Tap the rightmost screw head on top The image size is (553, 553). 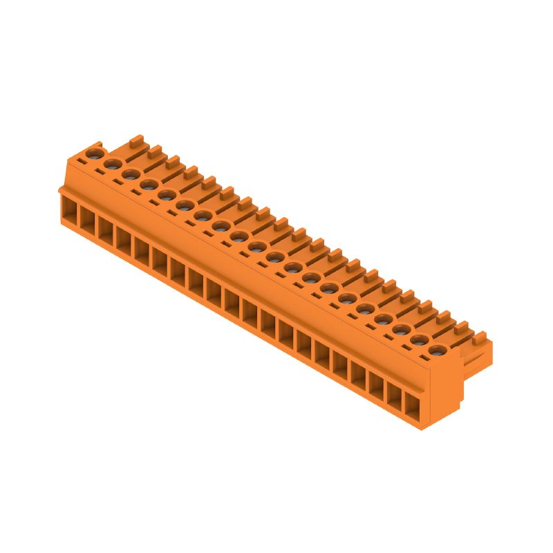point(435,350)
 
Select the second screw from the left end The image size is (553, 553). point(111,163)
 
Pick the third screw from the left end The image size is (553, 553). point(129,174)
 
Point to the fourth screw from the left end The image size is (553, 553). point(147,184)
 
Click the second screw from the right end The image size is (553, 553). point(418,339)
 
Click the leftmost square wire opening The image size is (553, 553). point(68,209)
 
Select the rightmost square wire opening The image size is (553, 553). point(413,407)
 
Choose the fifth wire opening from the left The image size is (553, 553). point(141,251)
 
